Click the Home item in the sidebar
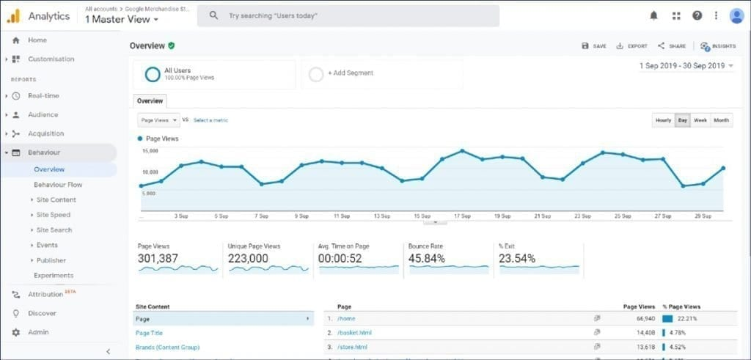tap(37, 40)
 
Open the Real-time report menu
tap(43, 96)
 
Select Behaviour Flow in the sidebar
tap(58, 185)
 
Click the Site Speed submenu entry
tap(54, 215)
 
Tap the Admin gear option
tap(38, 332)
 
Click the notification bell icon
tap(654, 15)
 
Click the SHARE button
tap(672, 45)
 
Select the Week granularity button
tap(700, 120)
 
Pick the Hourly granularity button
tap(663, 120)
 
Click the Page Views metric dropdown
tap(158, 120)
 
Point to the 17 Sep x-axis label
tap(461, 216)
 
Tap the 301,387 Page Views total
tap(158, 259)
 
